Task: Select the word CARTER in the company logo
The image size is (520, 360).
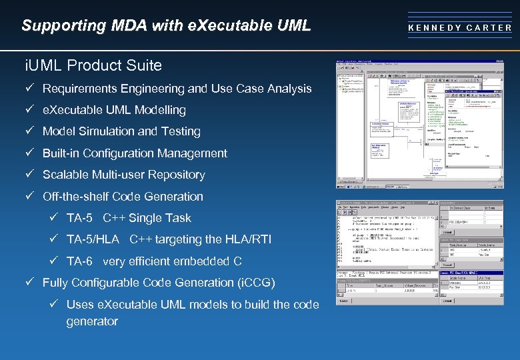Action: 489,28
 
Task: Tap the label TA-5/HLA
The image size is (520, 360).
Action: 93,239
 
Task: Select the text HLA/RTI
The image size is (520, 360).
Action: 249,239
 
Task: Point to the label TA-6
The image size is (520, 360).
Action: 79,261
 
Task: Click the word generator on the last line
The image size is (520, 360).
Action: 92,321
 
